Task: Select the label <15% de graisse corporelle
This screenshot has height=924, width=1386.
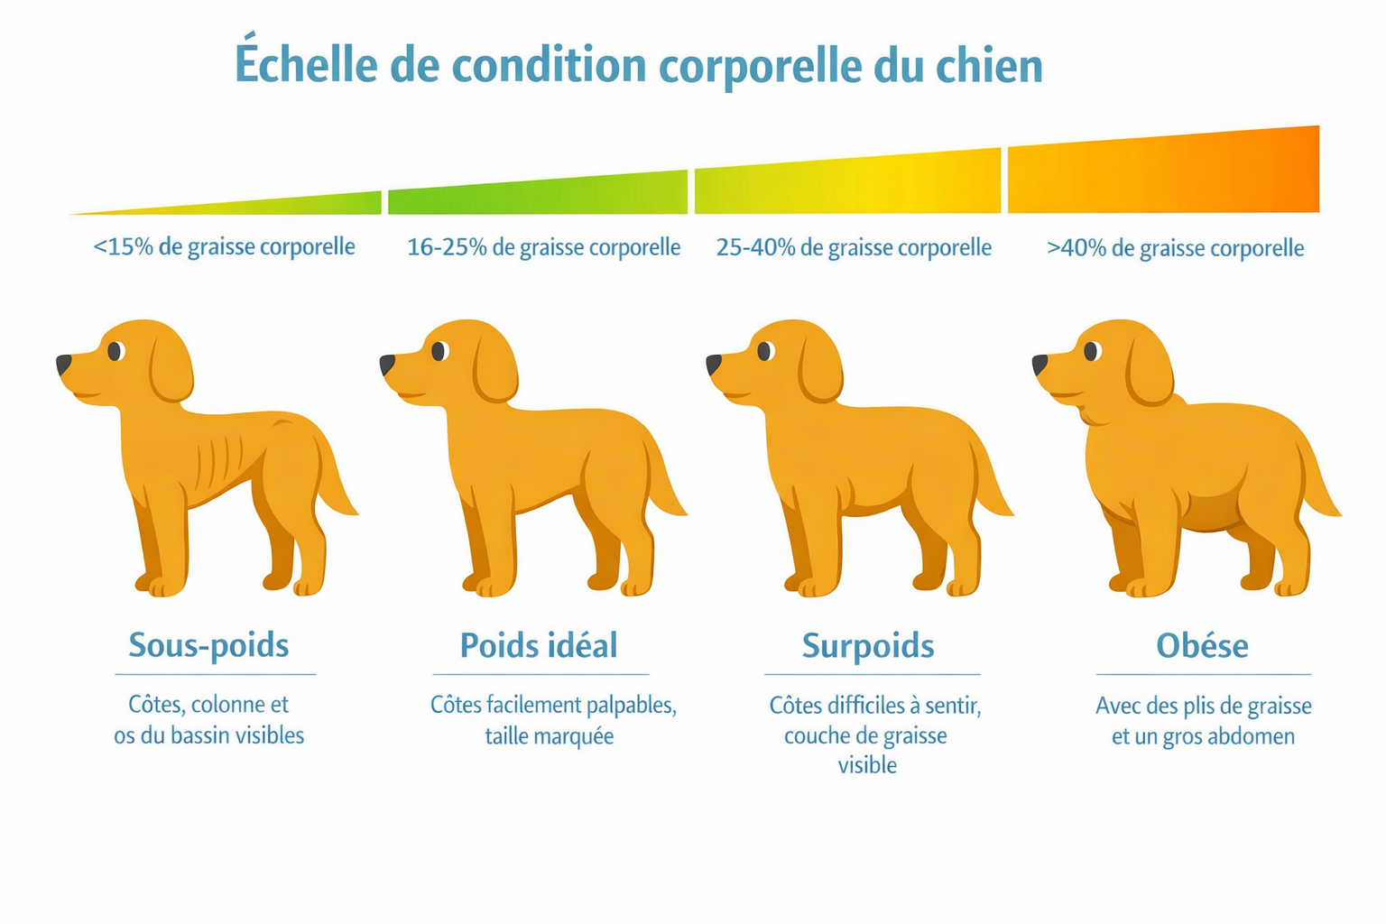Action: click(224, 246)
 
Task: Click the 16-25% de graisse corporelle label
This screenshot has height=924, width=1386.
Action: click(543, 247)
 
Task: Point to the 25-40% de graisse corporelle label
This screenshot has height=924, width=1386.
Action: click(854, 247)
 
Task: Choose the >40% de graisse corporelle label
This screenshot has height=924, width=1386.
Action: click(1175, 248)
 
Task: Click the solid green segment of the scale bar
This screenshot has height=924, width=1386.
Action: click(538, 195)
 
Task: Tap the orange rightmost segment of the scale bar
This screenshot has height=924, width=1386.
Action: click(1164, 174)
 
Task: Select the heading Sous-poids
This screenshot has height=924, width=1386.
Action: click(208, 645)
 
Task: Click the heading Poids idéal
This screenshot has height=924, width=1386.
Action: click(539, 645)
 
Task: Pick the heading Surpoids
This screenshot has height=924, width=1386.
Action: click(868, 646)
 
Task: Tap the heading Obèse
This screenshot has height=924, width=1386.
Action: click(1202, 646)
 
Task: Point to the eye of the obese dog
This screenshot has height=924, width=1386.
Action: click(1092, 351)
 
